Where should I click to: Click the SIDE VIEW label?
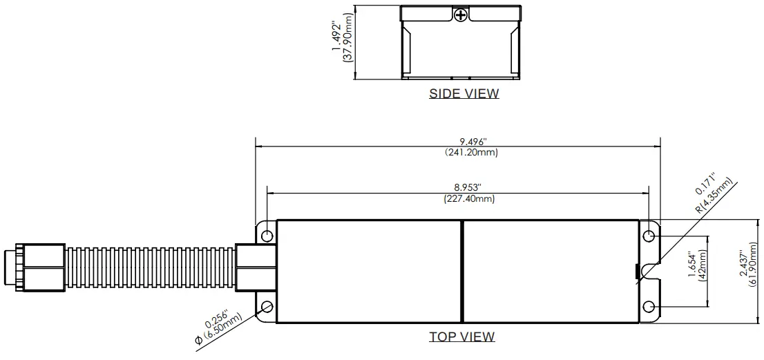pyautogui.click(x=464, y=93)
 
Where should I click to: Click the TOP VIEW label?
pyautogui.click(x=462, y=337)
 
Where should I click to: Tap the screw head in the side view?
pyautogui.click(x=460, y=14)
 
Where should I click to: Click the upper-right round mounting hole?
pyautogui.click(x=649, y=237)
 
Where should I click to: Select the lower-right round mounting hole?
pyautogui.click(x=649, y=306)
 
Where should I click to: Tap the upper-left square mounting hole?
pyautogui.click(x=267, y=236)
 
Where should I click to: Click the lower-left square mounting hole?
pyautogui.click(x=267, y=306)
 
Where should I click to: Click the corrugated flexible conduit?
pyautogui.click(x=150, y=265)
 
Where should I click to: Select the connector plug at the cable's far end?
pyautogui.click(x=33, y=265)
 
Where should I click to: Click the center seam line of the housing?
pyautogui.click(x=461, y=272)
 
